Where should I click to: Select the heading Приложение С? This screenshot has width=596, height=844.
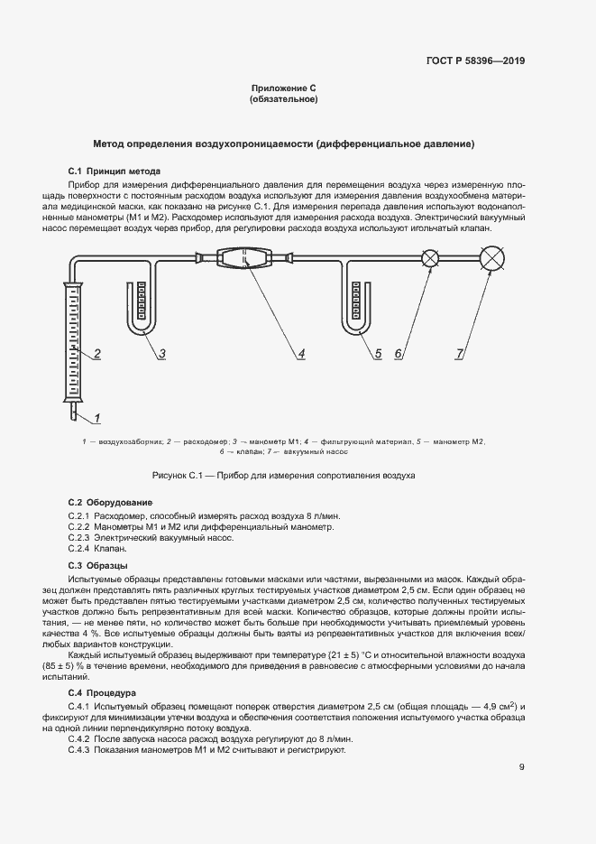283,88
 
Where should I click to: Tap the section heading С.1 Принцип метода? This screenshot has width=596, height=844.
115,171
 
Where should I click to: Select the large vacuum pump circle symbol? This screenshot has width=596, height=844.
492,260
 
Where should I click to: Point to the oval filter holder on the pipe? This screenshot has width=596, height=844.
244,260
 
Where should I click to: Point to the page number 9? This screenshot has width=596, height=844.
522,768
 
